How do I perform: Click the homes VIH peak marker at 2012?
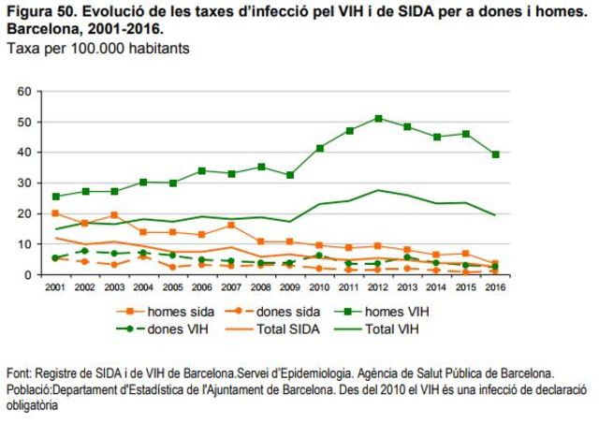pos(378,119)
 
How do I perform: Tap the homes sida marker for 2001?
pos(56,213)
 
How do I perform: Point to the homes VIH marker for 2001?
pos(56,197)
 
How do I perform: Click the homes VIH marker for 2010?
pos(320,149)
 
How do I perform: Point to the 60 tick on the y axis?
pos(24,92)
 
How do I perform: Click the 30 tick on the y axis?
pos(24,183)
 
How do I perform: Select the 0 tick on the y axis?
pos(28,275)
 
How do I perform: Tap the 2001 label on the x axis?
pos(56,286)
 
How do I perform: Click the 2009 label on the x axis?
pos(290,286)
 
